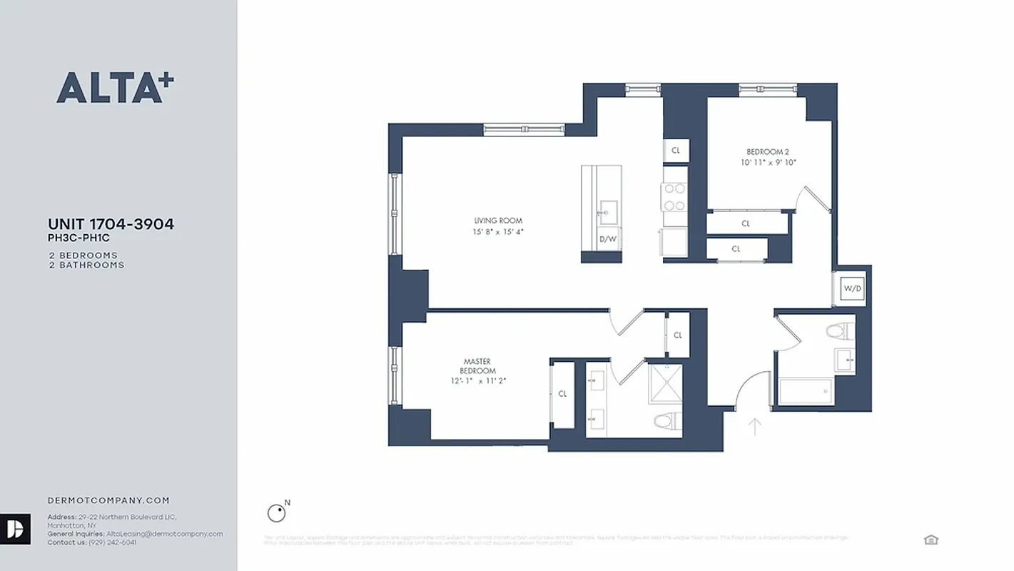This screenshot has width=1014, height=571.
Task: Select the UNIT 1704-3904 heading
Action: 111,224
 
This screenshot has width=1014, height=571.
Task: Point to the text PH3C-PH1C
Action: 78,239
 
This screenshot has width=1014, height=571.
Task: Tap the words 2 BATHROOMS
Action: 86,265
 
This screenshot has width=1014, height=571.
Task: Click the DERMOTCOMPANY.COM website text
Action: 108,501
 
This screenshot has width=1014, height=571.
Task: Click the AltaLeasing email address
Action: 164,534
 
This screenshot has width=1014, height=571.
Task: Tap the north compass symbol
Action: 277,512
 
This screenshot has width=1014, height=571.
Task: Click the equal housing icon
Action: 931,540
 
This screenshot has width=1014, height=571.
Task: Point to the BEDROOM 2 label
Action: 767,151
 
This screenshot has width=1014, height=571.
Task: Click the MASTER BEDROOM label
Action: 477,366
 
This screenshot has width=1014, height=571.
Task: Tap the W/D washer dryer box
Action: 852,289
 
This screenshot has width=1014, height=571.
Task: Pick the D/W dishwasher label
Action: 607,239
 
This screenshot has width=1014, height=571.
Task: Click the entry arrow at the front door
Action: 754,427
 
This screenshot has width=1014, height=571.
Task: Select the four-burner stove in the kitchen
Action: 675,197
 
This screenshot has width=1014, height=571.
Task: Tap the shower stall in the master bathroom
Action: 665,383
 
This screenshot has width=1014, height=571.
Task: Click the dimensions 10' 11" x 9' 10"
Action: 768,163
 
